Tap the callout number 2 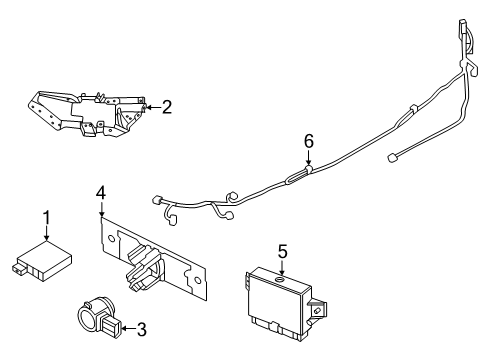[167, 106]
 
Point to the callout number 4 [100, 191]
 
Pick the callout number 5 [282, 253]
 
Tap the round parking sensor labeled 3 [95, 316]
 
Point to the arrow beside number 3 [127, 326]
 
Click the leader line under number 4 [100, 210]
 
